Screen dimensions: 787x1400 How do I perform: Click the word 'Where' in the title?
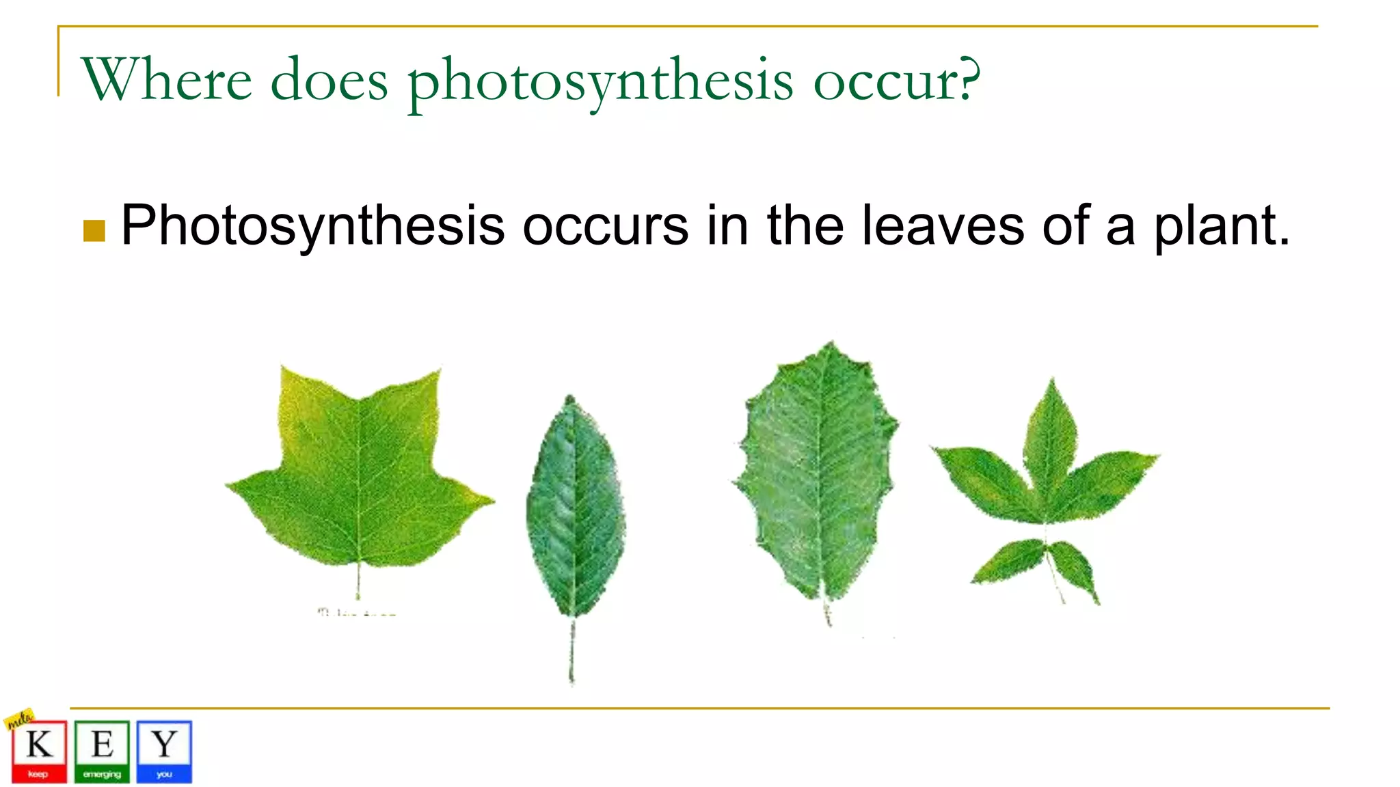[x=167, y=81]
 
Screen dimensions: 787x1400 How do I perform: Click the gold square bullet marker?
[x=94, y=231]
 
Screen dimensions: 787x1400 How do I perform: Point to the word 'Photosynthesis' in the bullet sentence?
[x=312, y=227]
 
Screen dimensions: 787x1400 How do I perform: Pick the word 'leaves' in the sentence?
[x=942, y=225]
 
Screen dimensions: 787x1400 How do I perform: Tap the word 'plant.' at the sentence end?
[x=1222, y=227]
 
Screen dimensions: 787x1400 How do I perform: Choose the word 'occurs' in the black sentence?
[x=605, y=227]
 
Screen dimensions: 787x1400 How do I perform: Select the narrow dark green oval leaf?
[x=574, y=509]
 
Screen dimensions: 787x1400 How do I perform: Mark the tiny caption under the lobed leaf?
[x=356, y=613]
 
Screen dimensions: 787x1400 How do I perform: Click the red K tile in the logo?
[x=39, y=751]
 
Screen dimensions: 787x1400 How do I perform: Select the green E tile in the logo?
[x=102, y=751]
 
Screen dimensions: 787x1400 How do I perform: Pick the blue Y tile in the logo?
[x=164, y=751]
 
